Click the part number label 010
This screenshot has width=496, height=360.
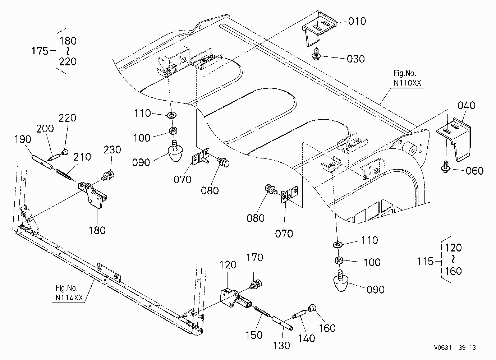pos(357,21)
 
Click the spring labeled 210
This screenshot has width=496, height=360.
pos(64,174)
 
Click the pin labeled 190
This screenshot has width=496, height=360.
pos(42,162)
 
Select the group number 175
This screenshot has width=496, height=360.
pos(40,51)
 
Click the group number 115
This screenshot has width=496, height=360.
pos(425,261)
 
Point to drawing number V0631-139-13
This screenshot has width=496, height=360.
pos(455,348)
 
